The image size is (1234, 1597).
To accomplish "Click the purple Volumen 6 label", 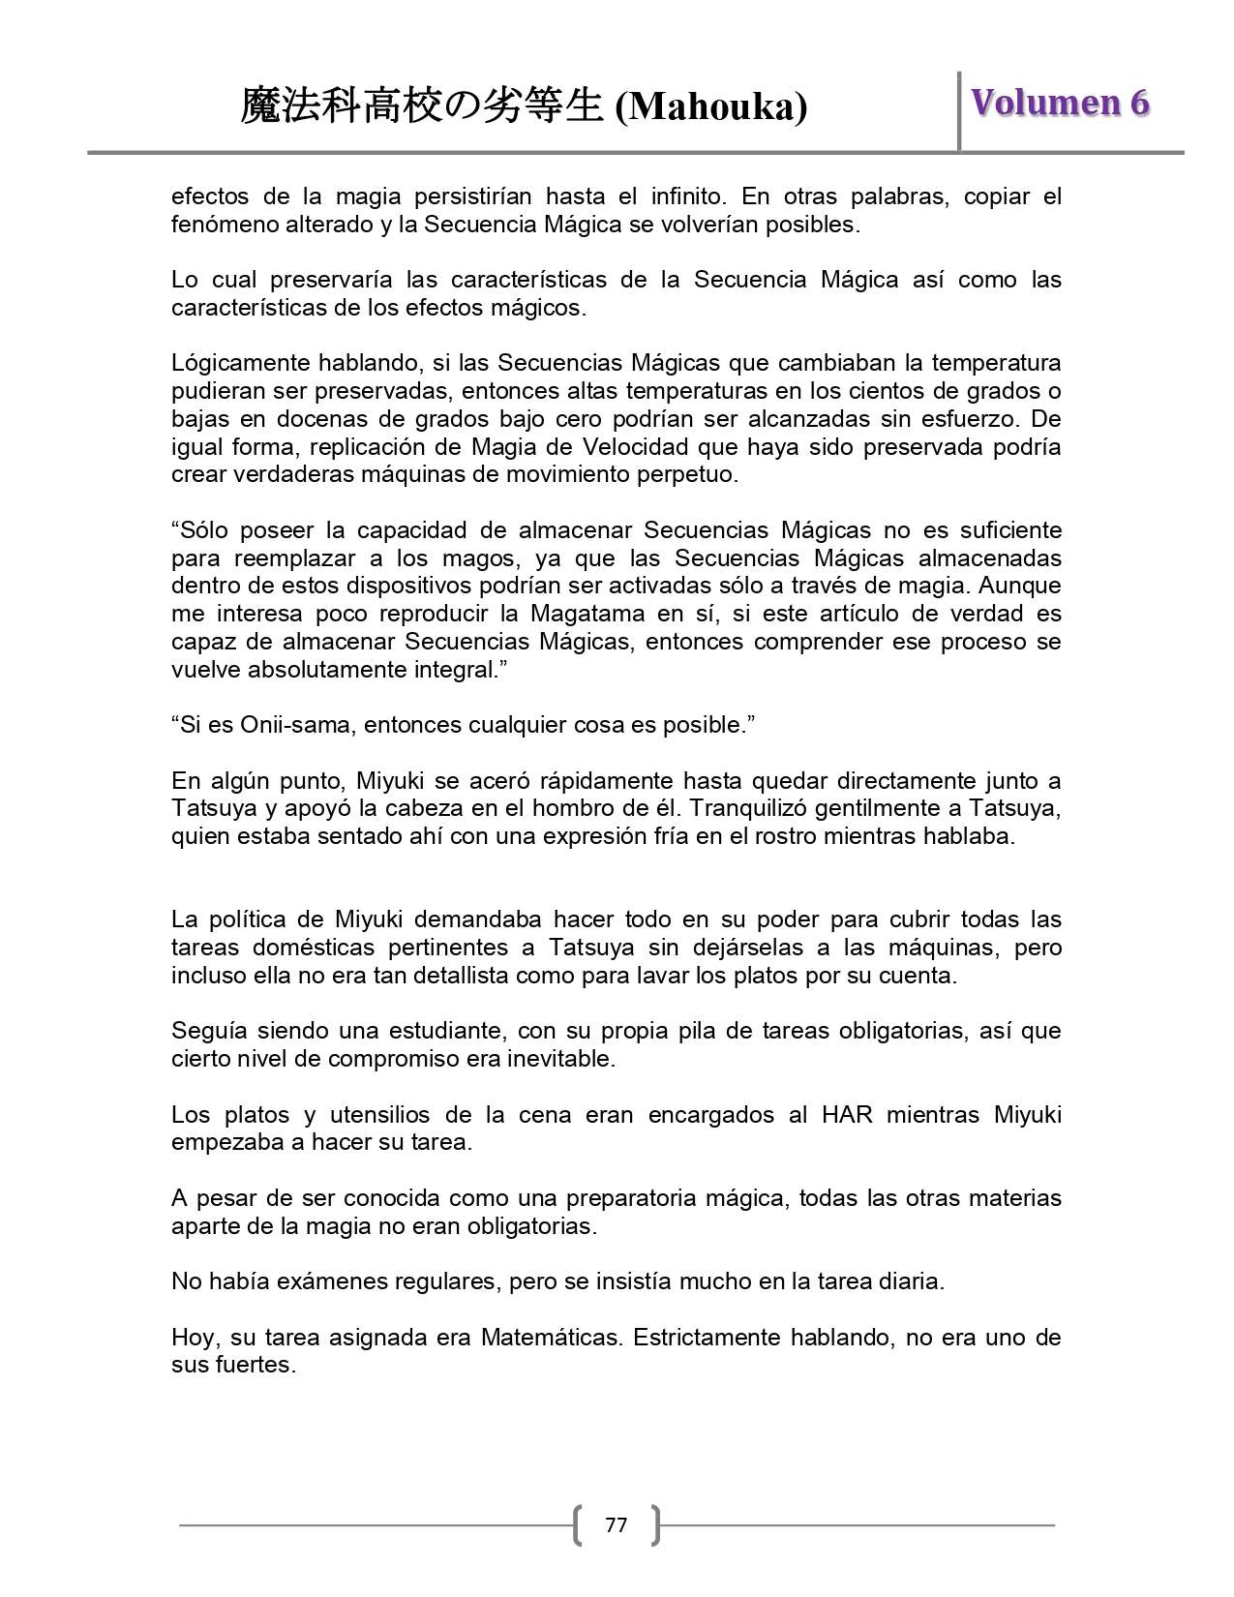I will pos(1060,103).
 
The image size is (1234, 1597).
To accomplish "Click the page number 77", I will pos(616,1525).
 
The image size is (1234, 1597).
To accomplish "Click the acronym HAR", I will pos(847,1115).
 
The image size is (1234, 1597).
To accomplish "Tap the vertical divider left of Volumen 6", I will pos(959,110).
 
